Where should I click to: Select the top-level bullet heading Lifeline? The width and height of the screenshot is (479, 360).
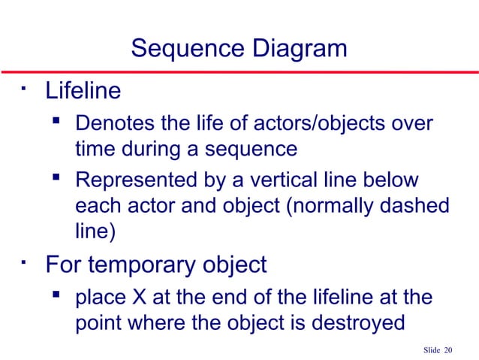(83, 92)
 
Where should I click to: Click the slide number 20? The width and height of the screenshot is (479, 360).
(449, 349)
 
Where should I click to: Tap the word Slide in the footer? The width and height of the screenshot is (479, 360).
(431, 349)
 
